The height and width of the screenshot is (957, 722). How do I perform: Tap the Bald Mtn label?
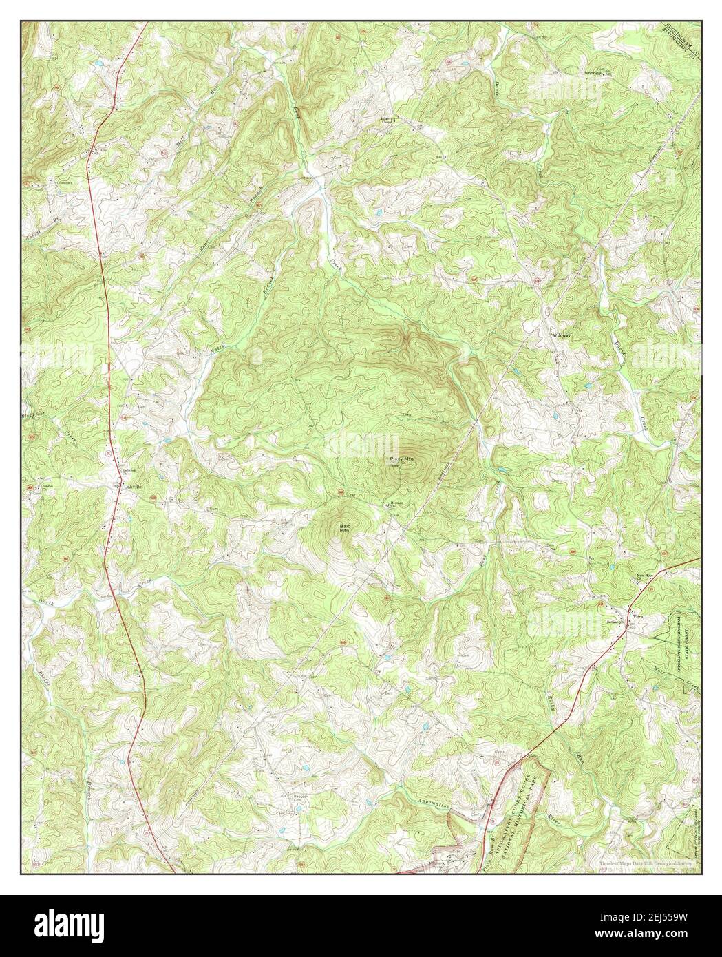tap(345, 529)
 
